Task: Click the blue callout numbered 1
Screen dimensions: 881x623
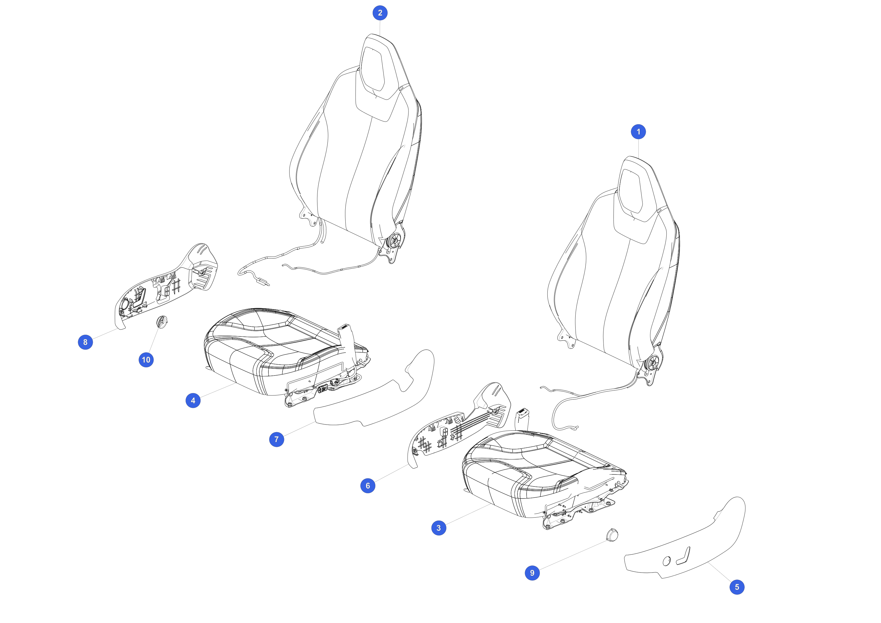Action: click(638, 132)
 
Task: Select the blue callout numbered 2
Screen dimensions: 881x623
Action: click(380, 13)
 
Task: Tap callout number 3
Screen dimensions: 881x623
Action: click(438, 528)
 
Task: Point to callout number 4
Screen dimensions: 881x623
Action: click(193, 400)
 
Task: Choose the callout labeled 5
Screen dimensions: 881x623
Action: click(737, 587)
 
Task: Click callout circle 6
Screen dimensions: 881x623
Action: click(368, 486)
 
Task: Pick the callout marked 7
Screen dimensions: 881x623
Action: click(277, 439)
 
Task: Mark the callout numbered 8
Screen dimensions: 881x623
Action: click(85, 342)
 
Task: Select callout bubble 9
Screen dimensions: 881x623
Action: click(532, 573)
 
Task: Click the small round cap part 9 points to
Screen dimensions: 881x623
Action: click(612, 535)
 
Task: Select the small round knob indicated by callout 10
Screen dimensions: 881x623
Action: click(162, 322)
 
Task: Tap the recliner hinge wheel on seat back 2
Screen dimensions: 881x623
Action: click(394, 241)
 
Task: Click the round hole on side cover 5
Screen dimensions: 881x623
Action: click(667, 561)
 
